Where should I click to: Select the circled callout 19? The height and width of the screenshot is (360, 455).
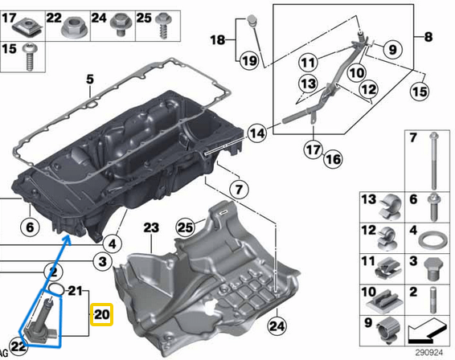click(x=248, y=60)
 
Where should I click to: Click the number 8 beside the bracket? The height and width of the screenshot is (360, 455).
click(x=428, y=37)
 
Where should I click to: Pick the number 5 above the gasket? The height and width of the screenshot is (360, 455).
click(x=90, y=79)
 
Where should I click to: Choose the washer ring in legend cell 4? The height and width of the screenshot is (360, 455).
click(x=433, y=240)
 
